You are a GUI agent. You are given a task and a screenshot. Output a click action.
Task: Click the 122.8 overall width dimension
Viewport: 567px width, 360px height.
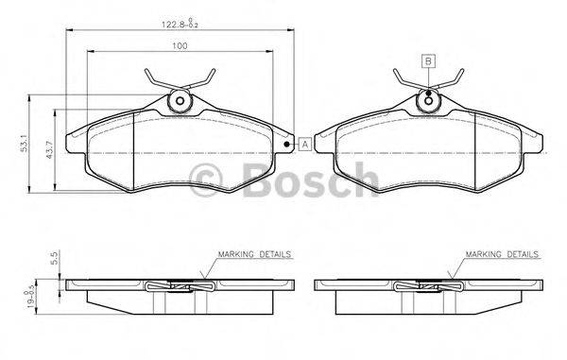(x=180, y=25)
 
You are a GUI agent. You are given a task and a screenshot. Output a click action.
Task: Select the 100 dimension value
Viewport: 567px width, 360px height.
(x=180, y=46)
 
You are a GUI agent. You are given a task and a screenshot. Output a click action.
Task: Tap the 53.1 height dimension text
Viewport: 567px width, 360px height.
(x=25, y=144)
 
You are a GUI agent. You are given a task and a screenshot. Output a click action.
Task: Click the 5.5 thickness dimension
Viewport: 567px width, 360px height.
(x=55, y=258)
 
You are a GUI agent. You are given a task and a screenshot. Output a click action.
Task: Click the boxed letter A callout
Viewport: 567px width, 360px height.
(x=305, y=145)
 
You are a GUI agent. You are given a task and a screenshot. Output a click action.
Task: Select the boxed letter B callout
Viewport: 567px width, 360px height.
(x=428, y=61)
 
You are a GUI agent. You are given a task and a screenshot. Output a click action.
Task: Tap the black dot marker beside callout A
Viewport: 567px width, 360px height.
(x=286, y=145)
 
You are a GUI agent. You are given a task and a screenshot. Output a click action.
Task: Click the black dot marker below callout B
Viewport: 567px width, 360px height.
(x=428, y=93)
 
